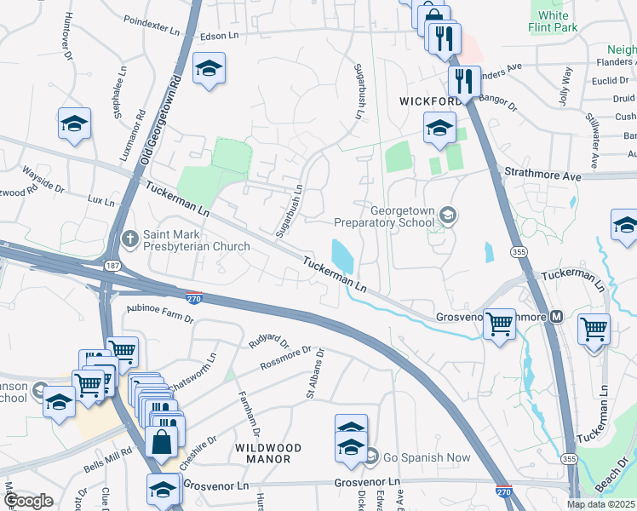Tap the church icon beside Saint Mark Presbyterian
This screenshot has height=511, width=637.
click(x=129, y=238)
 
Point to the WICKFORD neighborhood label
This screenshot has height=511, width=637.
click(x=430, y=101)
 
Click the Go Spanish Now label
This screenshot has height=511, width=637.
click(x=426, y=457)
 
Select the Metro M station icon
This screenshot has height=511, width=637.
click(x=557, y=317)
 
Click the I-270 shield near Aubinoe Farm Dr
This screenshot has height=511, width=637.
click(x=194, y=297)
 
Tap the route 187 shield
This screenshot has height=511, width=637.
click(x=112, y=267)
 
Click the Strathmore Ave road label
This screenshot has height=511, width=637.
click(x=542, y=175)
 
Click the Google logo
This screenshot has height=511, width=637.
click(x=29, y=501)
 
